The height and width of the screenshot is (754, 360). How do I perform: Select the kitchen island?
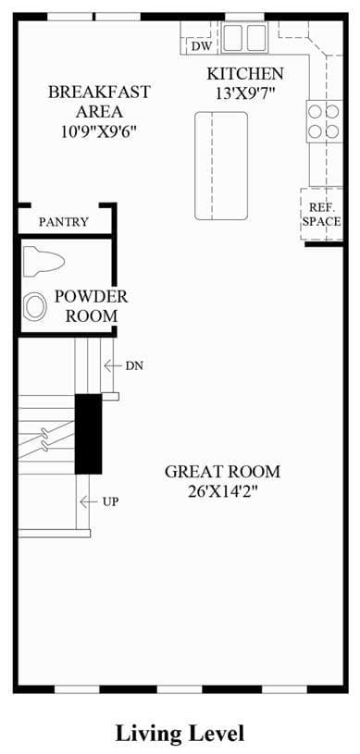221,166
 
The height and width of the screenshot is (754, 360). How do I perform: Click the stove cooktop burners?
324,121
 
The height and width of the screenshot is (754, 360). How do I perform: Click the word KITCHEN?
245,74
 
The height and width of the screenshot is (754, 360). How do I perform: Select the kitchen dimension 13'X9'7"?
245,93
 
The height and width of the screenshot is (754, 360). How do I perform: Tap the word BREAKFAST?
99,92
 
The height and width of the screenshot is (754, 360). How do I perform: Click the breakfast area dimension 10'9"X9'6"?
99,131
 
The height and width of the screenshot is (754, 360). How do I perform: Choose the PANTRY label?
64,222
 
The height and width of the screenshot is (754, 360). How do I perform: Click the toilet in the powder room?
43,261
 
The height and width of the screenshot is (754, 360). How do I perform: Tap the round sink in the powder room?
35,306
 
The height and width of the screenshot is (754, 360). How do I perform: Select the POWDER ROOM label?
91,306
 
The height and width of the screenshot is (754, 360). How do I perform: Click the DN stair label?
134,366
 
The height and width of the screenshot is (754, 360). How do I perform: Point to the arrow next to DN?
112,366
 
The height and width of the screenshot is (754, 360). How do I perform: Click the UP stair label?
111,501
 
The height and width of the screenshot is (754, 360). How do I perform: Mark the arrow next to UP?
89,501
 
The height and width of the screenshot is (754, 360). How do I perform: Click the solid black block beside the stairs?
88,434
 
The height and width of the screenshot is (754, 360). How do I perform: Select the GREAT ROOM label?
222,472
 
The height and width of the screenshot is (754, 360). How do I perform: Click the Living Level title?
180,734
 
